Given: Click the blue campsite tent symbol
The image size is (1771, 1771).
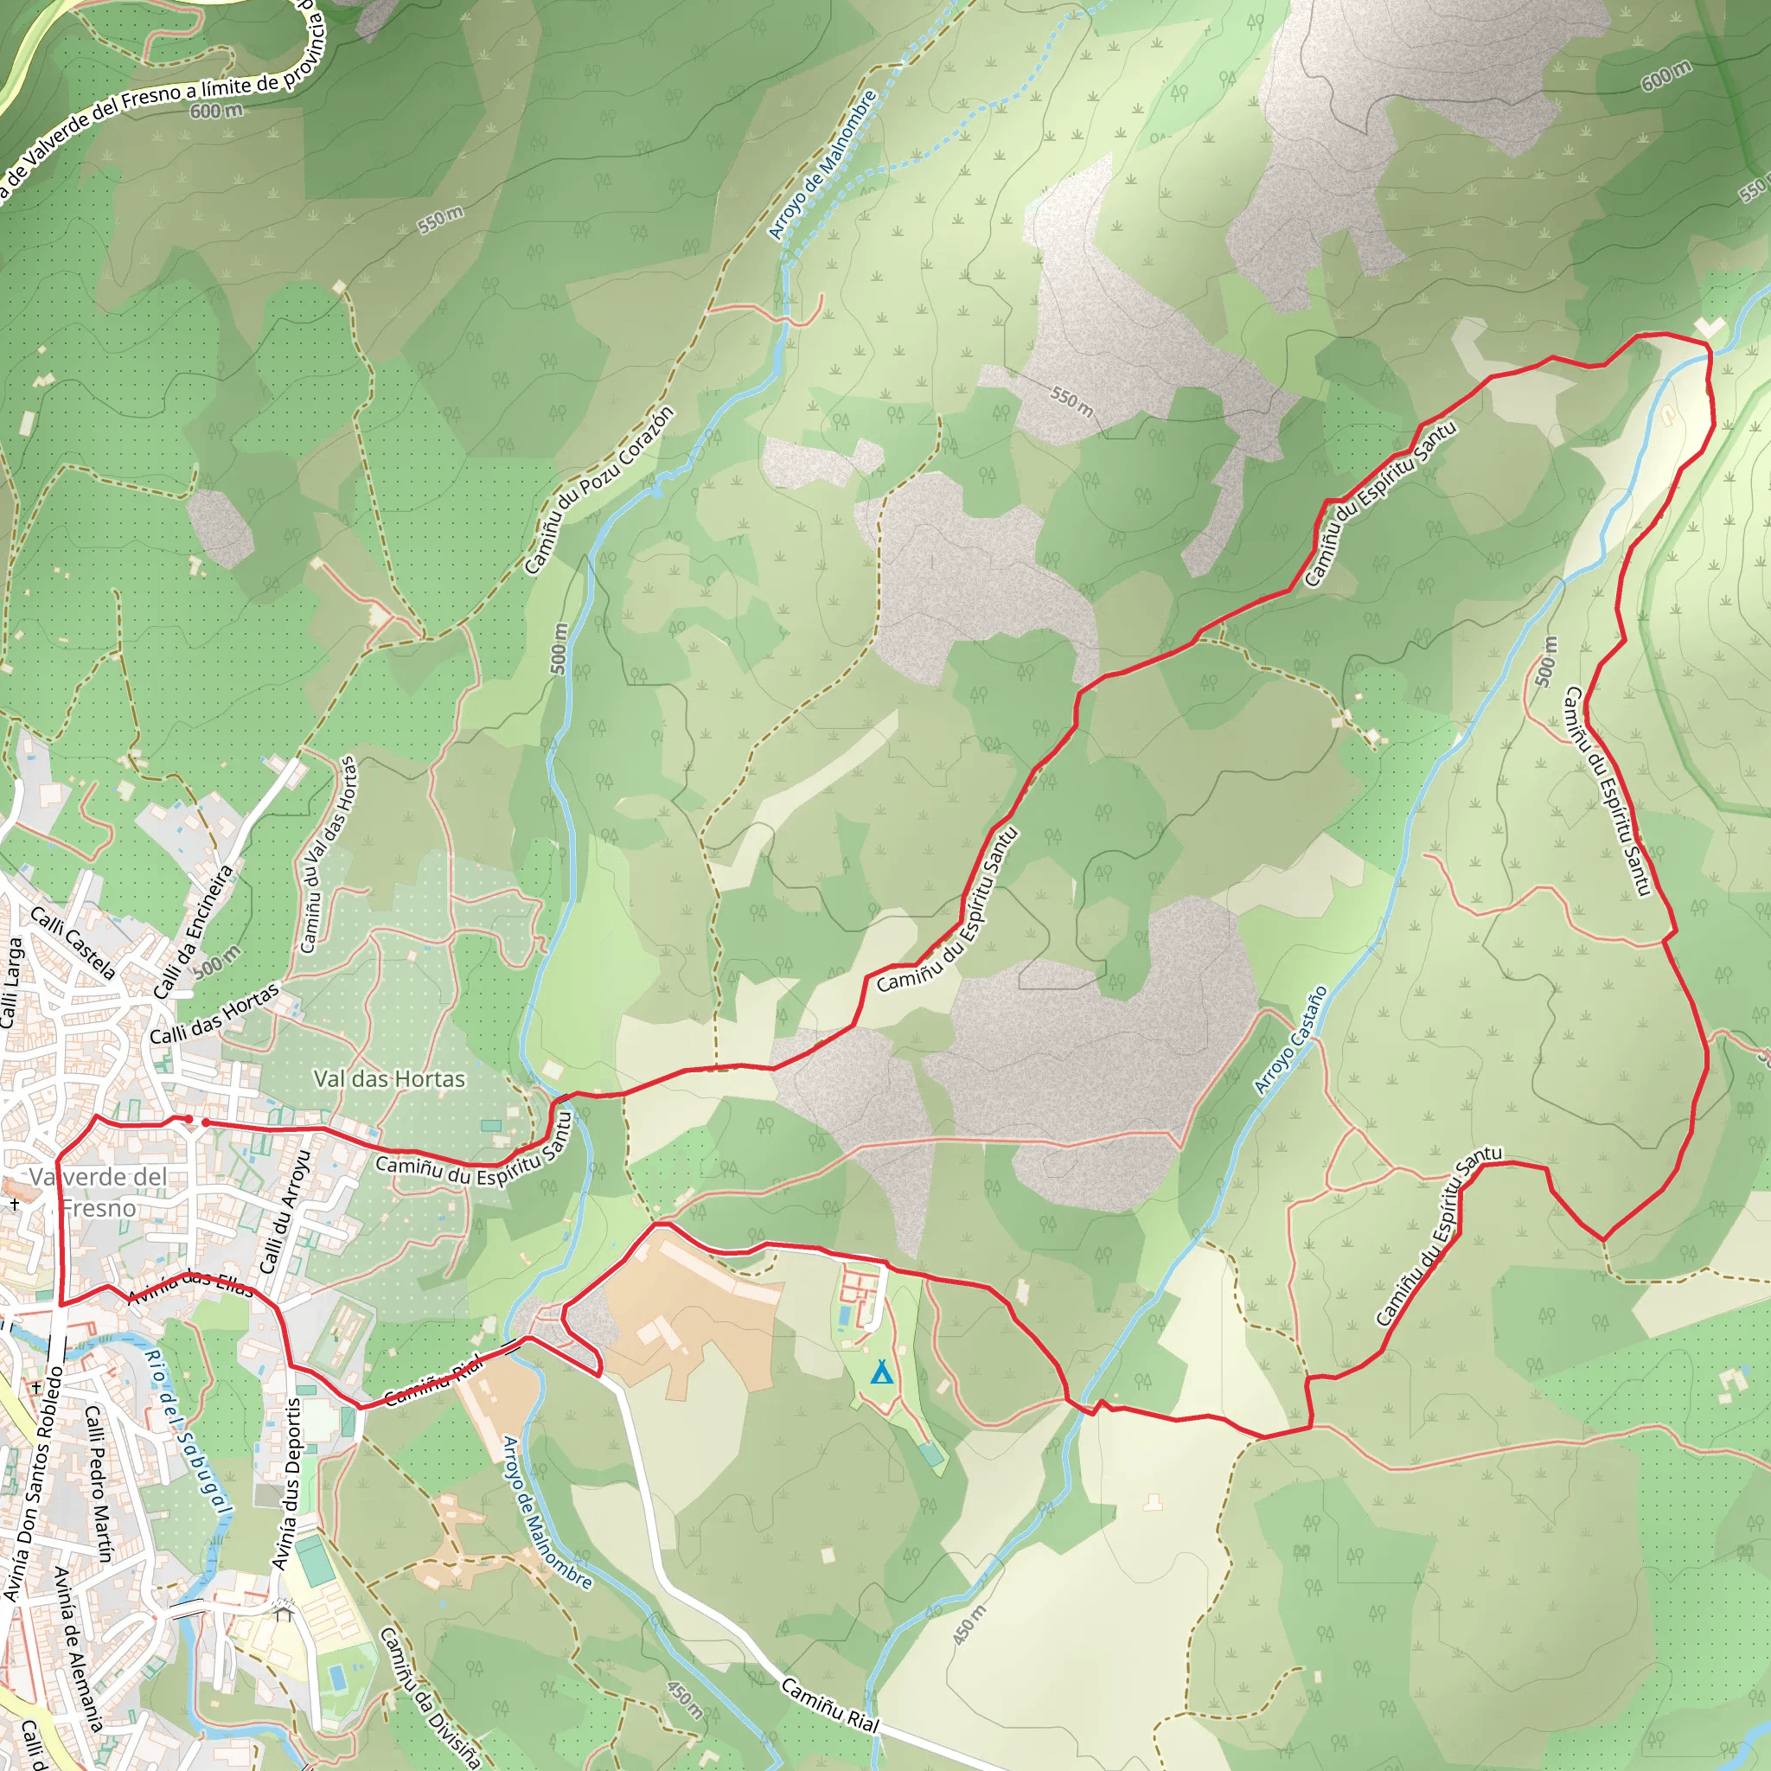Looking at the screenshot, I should (x=881, y=1372).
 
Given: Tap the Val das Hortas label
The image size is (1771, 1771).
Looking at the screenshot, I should (x=390, y=1079).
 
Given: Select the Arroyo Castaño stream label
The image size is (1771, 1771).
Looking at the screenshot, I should (x=1291, y=1040).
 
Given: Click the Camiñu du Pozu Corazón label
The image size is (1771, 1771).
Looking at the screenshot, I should (x=599, y=490).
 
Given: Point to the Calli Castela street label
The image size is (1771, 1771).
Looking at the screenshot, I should (x=74, y=943).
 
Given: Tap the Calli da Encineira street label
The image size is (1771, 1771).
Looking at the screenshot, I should (x=194, y=932).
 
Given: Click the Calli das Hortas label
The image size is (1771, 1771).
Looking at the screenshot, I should (x=214, y=1014).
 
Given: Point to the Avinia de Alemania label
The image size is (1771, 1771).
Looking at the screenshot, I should (x=78, y=1650).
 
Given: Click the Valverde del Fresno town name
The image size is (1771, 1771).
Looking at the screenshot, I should (x=99, y=1192).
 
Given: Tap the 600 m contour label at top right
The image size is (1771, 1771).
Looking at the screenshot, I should (x=1666, y=76).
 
